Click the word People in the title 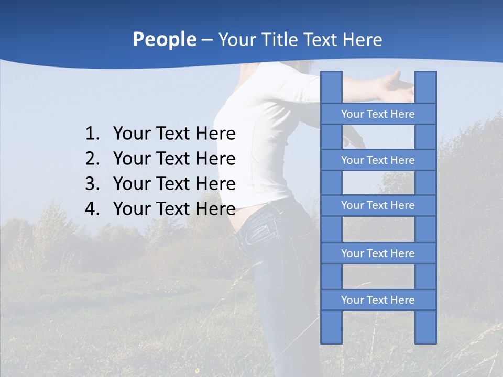[x=164, y=40]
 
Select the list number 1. [x=92, y=134]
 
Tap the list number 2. [x=92, y=159]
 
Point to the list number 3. [x=92, y=184]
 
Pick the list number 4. [x=92, y=209]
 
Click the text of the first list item [x=174, y=134]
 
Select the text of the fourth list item [x=174, y=209]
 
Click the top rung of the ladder [x=378, y=114]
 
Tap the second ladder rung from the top [x=378, y=160]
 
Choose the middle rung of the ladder [x=378, y=205]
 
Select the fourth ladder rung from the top [x=378, y=253]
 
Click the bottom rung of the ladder [x=378, y=300]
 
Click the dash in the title [x=206, y=40]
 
